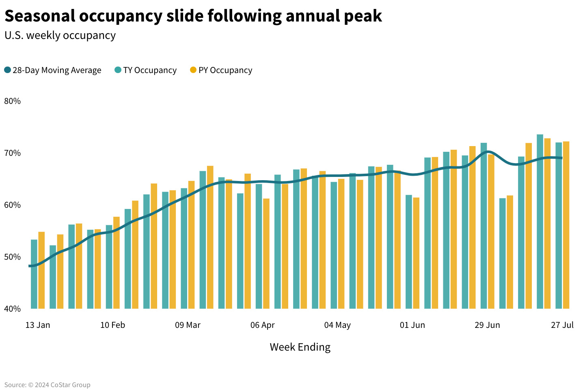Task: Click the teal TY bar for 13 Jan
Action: [34, 274]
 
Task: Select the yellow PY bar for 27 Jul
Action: [566, 225]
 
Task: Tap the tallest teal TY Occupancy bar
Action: [540, 222]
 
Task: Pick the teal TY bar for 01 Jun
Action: [409, 252]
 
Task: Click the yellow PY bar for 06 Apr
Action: [266, 253]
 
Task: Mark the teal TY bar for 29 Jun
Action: [484, 226]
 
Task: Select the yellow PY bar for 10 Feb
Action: [117, 263]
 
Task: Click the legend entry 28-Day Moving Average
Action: [53, 70]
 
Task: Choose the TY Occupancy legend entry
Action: [146, 70]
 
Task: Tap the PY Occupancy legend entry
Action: [221, 70]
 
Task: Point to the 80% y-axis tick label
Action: [13, 101]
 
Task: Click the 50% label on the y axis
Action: [13, 257]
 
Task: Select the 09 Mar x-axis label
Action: [188, 325]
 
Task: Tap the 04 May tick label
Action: [337, 325]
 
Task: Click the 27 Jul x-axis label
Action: [562, 325]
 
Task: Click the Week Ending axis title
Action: [300, 347]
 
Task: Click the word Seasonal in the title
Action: [40, 16]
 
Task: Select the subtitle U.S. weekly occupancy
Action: [60, 36]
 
